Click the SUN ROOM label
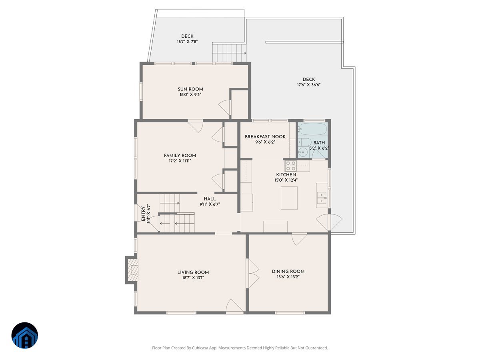[x=190, y=89]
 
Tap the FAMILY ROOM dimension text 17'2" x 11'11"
[x=180, y=161]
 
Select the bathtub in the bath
[x=312, y=129]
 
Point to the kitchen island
[x=289, y=198]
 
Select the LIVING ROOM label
[x=193, y=272]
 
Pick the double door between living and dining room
[x=252, y=274]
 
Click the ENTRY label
[x=143, y=213]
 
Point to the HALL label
[x=210, y=199]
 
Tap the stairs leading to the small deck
[x=228, y=53]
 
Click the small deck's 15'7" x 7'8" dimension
[x=187, y=42]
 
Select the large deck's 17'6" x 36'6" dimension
[x=309, y=85]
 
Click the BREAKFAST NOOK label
[x=265, y=136]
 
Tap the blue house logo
[x=24, y=335]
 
